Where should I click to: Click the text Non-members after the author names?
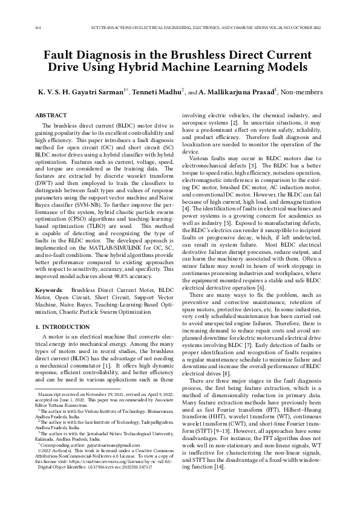[301, 92]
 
